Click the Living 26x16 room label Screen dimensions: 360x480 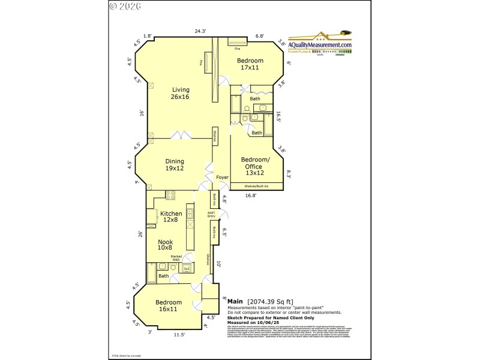click(x=181, y=93)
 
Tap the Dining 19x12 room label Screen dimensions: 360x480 click(x=175, y=164)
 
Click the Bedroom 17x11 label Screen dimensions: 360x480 click(x=250, y=64)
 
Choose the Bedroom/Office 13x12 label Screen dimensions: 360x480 click(x=256, y=166)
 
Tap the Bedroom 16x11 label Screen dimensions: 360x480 click(x=169, y=305)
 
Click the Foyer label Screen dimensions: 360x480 click(x=223, y=178)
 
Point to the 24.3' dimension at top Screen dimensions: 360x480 click(x=200, y=31)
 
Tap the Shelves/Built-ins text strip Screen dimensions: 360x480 click(x=256, y=186)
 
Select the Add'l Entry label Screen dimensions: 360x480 click(x=211, y=214)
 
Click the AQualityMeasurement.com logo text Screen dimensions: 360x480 click(x=320, y=45)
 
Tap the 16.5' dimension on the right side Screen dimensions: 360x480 click(x=278, y=116)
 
